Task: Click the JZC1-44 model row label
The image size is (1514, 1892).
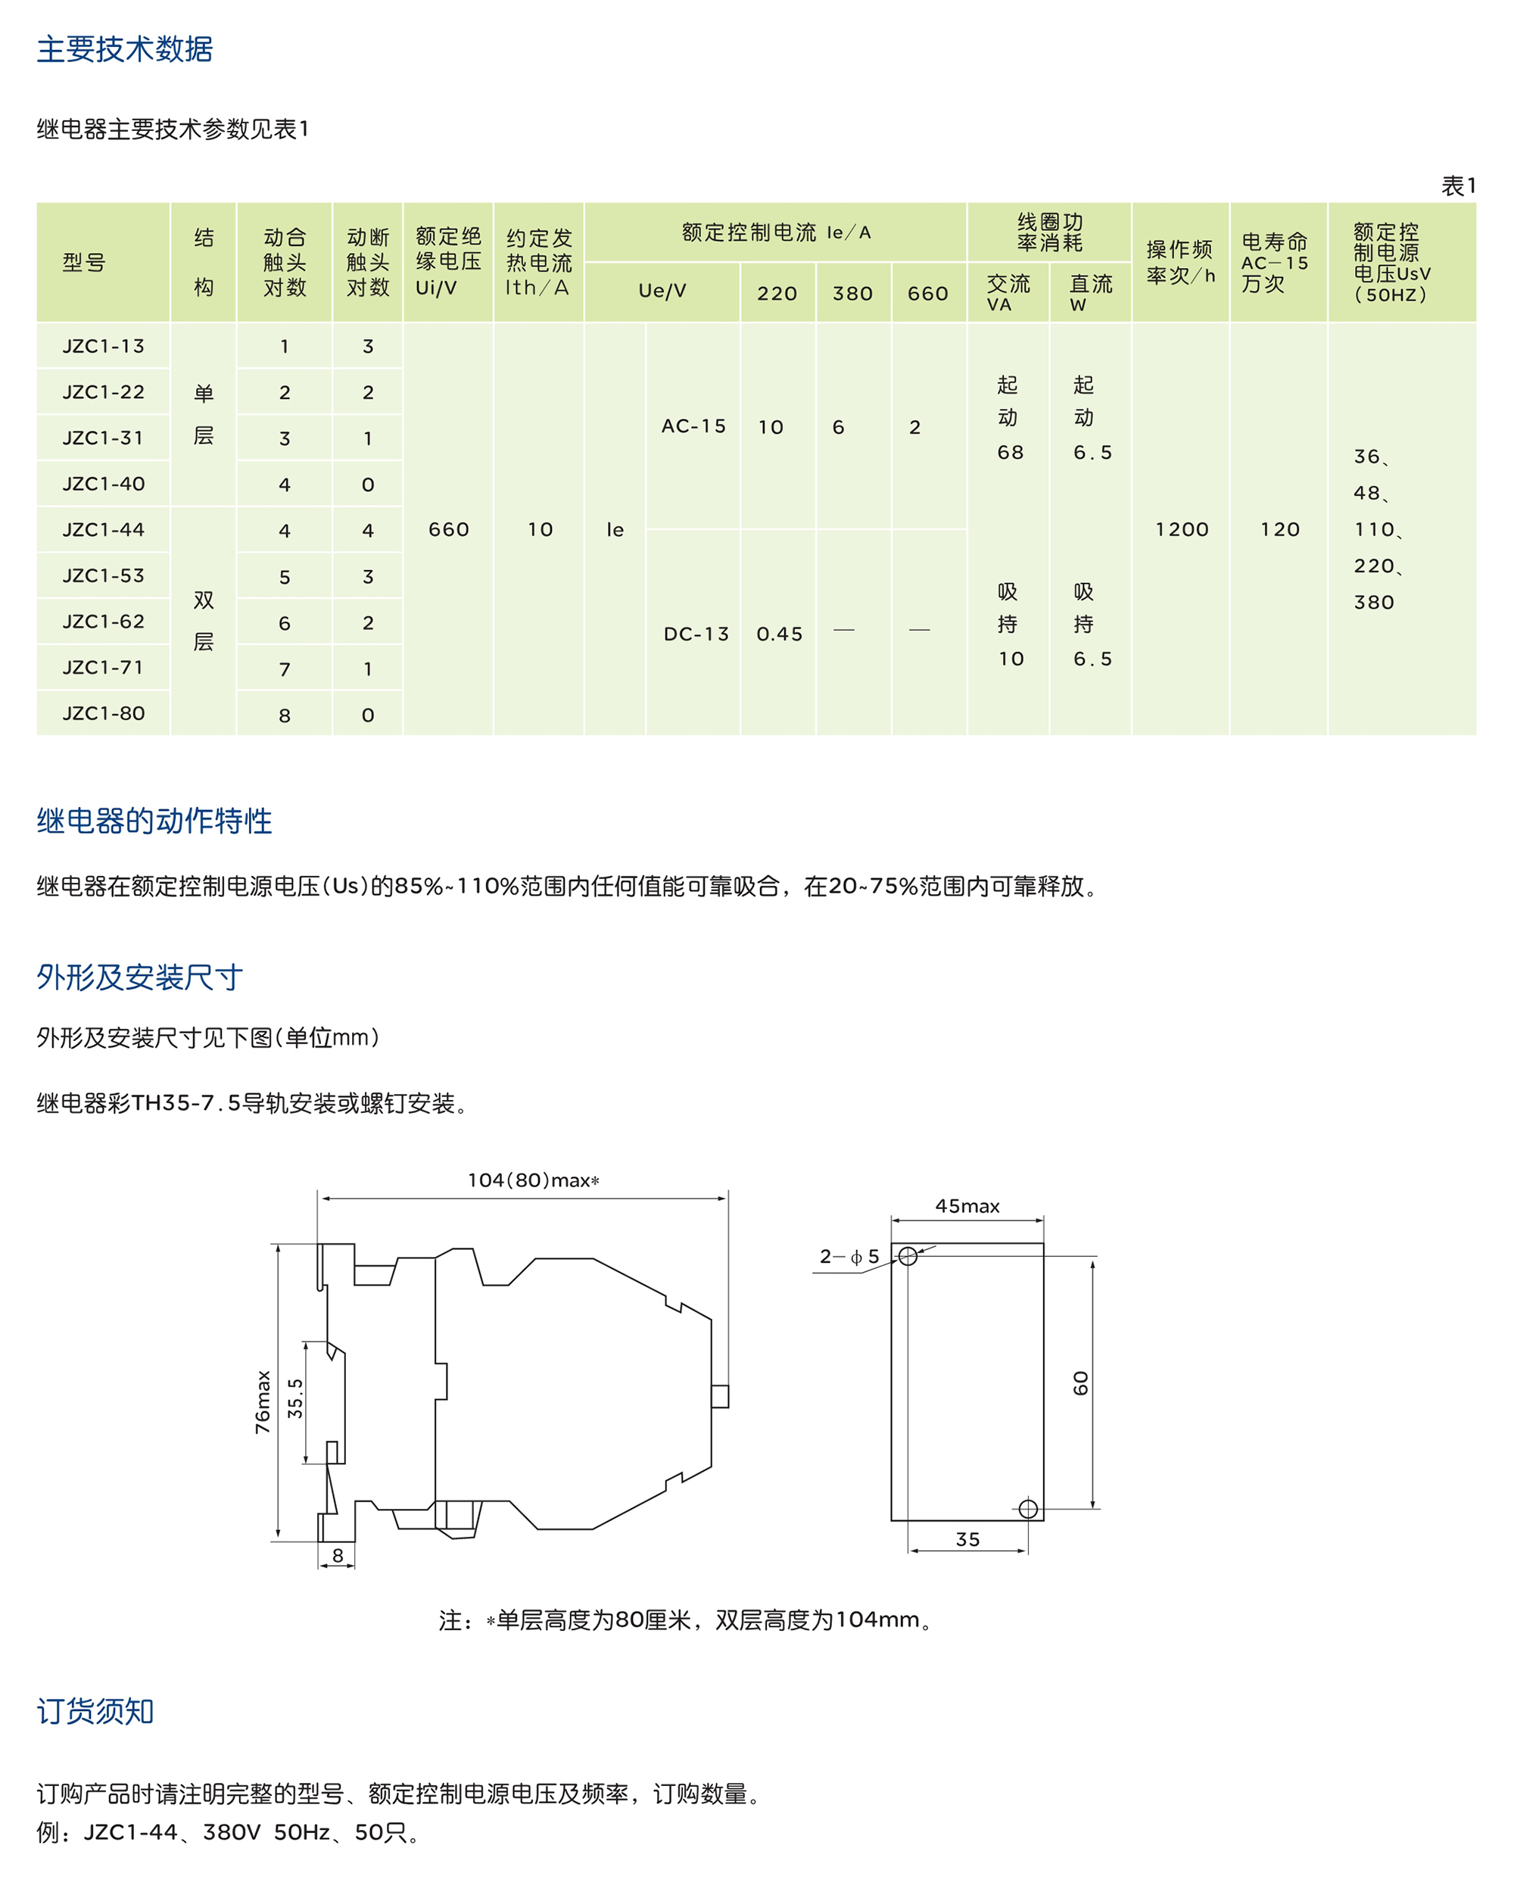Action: [104, 530]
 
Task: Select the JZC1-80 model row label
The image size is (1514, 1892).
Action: [104, 713]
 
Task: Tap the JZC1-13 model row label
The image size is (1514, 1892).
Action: [104, 347]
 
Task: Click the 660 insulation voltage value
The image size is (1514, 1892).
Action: [448, 530]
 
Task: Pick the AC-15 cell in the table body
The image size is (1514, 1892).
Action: [693, 426]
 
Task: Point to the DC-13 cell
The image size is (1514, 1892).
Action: [696, 634]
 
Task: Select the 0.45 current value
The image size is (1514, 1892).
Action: [780, 634]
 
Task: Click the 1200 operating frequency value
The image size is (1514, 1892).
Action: [1182, 530]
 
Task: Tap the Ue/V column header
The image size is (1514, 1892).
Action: [662, 291]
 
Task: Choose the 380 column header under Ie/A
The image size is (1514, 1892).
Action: [853, 293]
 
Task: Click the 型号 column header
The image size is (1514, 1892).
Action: [84, 263]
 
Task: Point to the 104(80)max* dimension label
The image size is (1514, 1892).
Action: [533, 1180]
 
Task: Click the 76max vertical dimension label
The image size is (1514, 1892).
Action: [263, 1402]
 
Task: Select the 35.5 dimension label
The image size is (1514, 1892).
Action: [296, 1399]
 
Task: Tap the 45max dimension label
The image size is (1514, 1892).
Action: [967, 1207]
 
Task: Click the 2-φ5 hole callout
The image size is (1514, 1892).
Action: [849, 1257]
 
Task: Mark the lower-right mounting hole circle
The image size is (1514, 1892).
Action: [1029, 1510]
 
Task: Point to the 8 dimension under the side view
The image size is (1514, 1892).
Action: [338, 1556]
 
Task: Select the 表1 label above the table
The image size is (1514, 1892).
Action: [1458, 186]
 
